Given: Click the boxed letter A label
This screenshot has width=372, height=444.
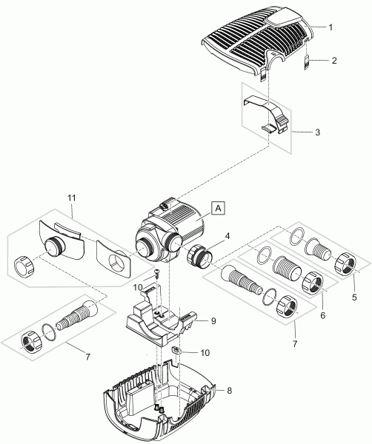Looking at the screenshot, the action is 218,208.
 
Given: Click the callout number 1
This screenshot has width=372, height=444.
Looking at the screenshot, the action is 331,27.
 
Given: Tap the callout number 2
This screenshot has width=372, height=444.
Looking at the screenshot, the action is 334,61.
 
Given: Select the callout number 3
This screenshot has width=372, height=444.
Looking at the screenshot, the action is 318,132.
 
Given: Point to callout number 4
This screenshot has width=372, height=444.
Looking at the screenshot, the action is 227,236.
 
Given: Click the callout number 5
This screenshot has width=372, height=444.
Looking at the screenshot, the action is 354,297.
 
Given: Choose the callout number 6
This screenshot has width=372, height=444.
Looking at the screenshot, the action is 323,315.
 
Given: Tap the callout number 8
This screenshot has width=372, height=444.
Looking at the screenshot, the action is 230,391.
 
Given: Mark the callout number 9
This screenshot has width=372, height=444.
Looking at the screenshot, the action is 213,321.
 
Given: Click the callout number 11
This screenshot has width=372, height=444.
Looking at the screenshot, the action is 72,198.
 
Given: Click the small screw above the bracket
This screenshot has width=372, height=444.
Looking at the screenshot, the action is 156,273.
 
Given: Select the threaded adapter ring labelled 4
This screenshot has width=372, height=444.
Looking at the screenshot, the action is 199,257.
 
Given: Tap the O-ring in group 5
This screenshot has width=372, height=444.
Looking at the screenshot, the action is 296,236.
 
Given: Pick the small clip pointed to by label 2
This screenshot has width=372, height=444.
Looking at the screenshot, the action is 306,62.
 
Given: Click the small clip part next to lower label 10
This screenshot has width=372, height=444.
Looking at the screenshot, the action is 176,351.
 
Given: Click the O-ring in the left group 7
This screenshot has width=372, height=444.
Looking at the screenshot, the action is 49,332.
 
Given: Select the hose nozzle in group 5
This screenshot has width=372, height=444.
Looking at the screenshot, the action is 318,249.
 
